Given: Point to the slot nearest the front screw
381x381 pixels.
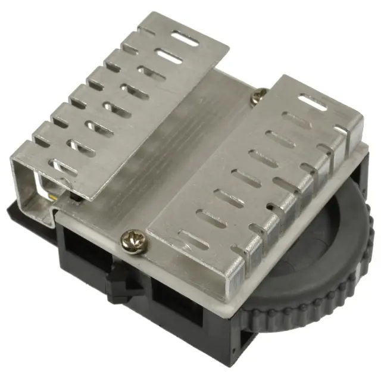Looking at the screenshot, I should (192, 238).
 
